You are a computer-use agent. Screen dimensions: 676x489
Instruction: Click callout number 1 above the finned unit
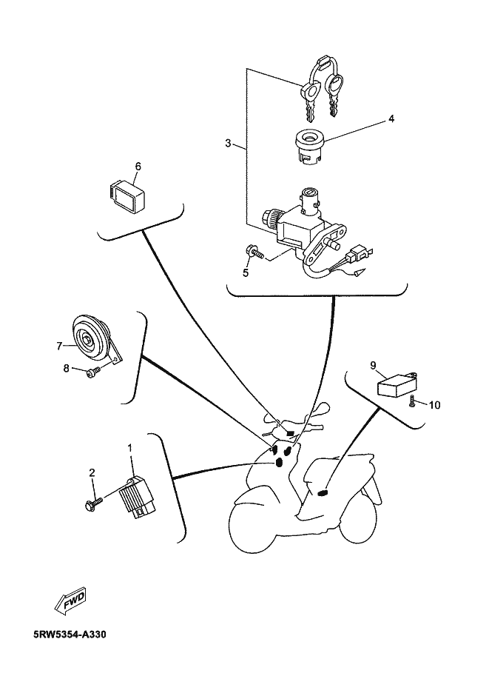click(131, 448)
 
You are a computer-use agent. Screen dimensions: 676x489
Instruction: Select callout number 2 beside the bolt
click(92, 472)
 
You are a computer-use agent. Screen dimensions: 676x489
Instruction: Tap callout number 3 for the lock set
click(228, 142)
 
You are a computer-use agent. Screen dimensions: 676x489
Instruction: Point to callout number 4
click(391, 118)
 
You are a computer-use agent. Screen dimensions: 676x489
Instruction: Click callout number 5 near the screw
click(246, 272)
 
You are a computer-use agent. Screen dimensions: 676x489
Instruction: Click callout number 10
click(434, 404)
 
